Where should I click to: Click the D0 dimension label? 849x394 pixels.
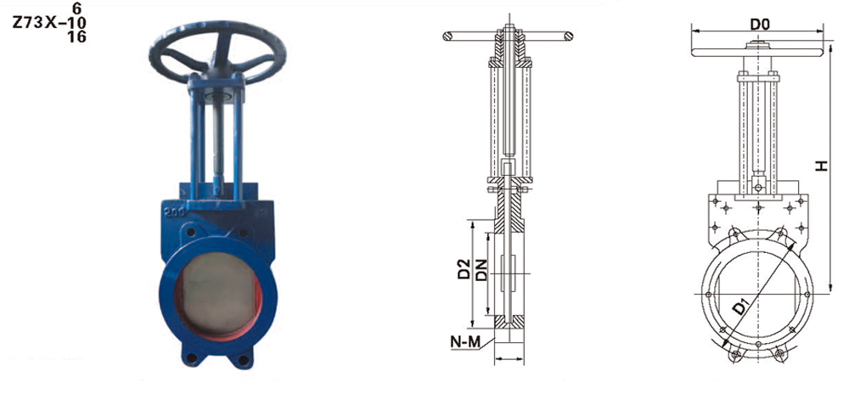(760, 24)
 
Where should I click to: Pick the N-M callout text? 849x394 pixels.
(465, 342)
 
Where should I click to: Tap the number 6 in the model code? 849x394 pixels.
(76, 8)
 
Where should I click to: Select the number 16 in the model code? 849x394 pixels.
(77, 37)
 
